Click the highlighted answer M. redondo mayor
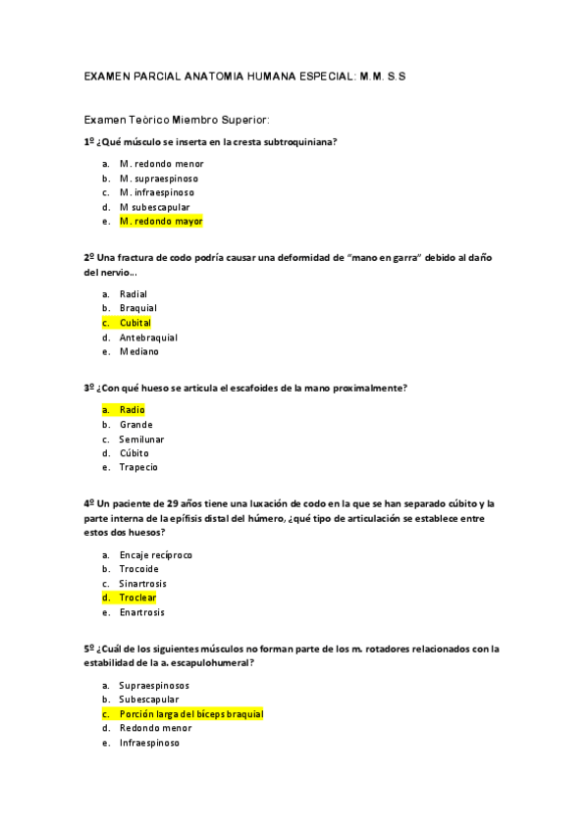coord(160,222)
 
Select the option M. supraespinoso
coord(158,179)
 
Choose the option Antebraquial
coord(148,338)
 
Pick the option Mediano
coord(138,351)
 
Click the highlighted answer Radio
coord(132,409)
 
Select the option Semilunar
coord(141,439)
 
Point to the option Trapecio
coord(138,467)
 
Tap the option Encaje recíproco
coord(155,554)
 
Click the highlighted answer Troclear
coord(137,598)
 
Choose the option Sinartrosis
coord(142,584)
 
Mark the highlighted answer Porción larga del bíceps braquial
coord(190,714)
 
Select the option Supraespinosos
coord(154,685)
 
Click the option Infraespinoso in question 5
coord(149,743)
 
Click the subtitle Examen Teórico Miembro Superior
coord(177,119)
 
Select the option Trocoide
coord(138,569)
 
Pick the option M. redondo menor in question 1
coord(161,164)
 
